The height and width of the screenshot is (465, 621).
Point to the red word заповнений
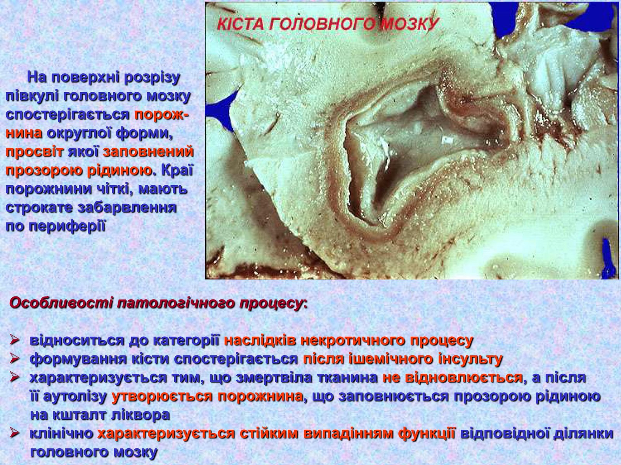pos(148,152)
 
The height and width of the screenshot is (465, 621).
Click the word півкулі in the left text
pos(33,96)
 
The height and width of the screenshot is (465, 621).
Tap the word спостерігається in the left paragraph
pos(68,115)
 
